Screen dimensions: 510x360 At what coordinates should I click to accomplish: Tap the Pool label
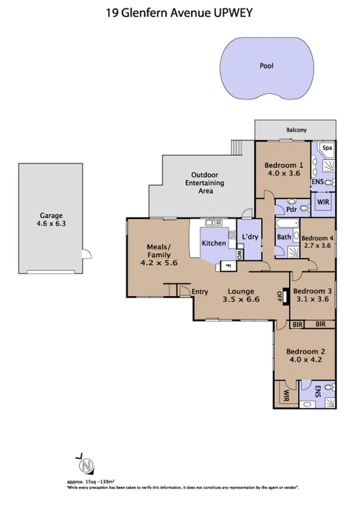pos(266,66)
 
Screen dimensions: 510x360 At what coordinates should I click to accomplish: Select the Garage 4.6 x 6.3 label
pos(51,219)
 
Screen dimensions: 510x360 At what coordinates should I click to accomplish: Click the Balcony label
pos(296,130)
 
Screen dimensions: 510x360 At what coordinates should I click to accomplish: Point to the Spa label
pos(327,148)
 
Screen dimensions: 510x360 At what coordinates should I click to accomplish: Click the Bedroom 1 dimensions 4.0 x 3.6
pos(284,174)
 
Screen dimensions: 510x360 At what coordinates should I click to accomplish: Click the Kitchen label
pos(213,243)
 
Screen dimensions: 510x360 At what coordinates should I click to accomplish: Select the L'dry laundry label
pos(250,238)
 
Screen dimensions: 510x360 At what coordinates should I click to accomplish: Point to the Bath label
pos(284,237)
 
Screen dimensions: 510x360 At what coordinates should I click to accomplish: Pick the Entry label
pos(200,292)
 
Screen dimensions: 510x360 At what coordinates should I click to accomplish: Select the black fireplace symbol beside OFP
pos(287,295)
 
